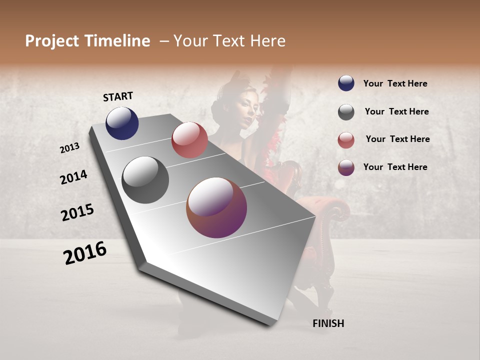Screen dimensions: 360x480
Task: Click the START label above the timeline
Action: pos(118,96)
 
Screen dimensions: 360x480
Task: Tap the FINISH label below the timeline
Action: pos(328,323)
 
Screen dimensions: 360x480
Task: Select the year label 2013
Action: pos(70,148)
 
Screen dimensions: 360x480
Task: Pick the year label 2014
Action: pos(73,177)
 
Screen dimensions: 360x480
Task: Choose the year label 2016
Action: pos(85,252)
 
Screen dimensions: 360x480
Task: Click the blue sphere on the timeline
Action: pos(122,123)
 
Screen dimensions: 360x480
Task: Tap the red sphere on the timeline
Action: pos(189,140)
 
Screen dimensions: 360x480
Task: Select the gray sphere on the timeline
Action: pos(145,180)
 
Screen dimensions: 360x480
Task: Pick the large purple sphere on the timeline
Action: pos(216,207)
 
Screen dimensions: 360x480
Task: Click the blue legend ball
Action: pos(346,83)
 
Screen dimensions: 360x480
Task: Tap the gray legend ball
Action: pos(346,112)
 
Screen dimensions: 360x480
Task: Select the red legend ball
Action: pos(346,140)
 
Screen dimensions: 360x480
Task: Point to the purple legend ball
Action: pos(346,167)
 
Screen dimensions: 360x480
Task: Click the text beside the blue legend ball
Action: pos(395,83)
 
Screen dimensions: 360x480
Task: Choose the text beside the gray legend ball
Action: pos(396,111)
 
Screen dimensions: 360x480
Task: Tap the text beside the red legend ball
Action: pos(397,139)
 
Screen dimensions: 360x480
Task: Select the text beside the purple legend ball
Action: pos(395,167)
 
